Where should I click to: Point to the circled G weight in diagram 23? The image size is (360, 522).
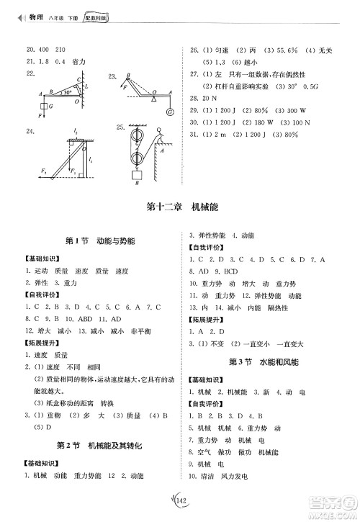[169, 112]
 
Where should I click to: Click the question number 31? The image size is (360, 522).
[193, 133]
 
